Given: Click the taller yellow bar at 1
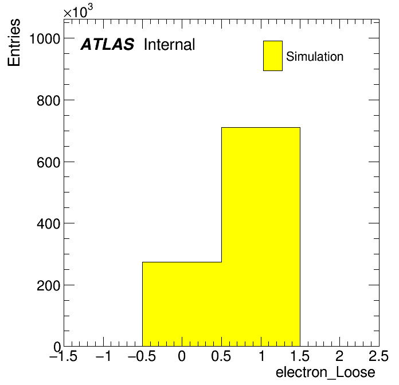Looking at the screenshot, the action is [x=261, y=237].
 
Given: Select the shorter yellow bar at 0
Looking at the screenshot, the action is [x=182, y=304].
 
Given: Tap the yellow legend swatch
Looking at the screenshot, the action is [x=273, y=56].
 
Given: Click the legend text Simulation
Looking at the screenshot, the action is [x=315, y=57].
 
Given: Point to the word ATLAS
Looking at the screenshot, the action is [x=107, y=44].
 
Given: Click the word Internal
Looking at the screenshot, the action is [x=170, y=44].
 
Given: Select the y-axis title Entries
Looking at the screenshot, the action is [x=14, y=42].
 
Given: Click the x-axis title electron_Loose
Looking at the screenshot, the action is [x=326, y=372].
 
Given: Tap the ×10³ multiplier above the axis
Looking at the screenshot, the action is [x=78, y=11].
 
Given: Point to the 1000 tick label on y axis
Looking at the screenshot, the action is [x=45, y=39].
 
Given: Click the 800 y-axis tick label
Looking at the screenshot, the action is [x=48, y=101].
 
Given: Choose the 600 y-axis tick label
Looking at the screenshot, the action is [x=48, y=163].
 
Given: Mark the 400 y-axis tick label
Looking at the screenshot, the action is [x=48, y=224].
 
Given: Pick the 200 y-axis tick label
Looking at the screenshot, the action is [x=48, y=286].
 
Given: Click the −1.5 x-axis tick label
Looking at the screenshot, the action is [x=64, y=356].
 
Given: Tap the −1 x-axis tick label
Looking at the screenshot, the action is [x=104, y=356].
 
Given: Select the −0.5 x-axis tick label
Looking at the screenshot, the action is [x=142, y=356].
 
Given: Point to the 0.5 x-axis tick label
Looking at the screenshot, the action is [x=221, y=356].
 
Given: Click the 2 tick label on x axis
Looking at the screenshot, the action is [x=339, y=356].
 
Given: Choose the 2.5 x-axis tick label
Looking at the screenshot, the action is [x=378, y=356].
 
